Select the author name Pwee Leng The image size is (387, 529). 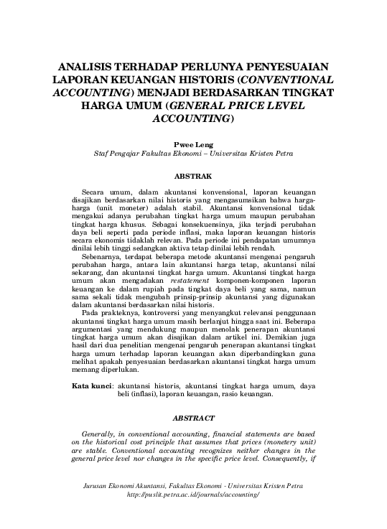pos(193,144)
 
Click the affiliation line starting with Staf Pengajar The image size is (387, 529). pos(193,154)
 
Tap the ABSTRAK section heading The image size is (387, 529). pos(193,176)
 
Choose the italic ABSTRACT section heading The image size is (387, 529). pos(193,418)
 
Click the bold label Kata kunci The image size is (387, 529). pos(92,386)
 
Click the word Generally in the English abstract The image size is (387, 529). pos(103,435)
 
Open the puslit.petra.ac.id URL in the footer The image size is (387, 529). pos(193,495)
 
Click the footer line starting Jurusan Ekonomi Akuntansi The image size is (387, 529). pos(193,486)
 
